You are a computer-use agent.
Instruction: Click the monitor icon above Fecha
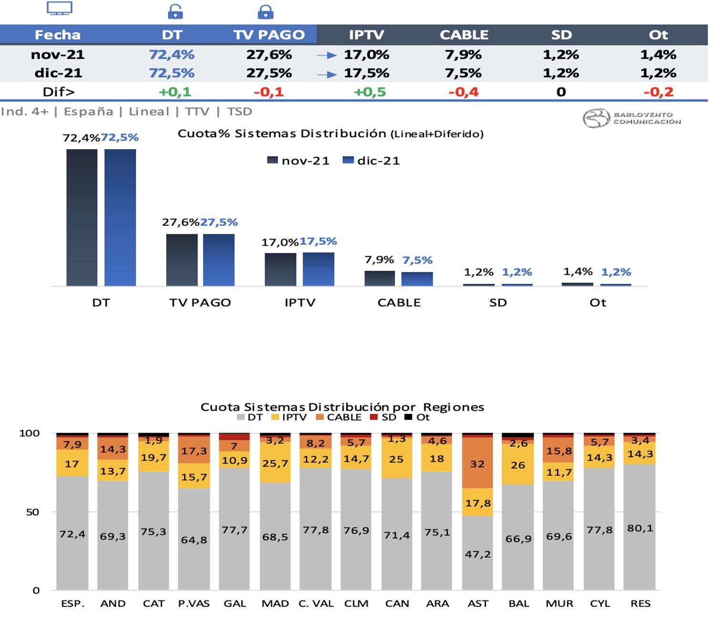pyautogui.click(x=60, y=9)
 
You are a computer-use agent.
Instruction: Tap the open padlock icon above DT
pyautogui.click(x=175, y=11)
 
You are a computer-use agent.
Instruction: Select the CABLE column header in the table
pyautogui.click(x=464, y=35)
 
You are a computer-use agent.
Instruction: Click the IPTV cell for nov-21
pyautogui.click(x=366, y=55)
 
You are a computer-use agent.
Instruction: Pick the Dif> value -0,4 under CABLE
pyautogui.click(x=463, y=92)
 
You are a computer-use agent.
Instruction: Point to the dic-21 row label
pyautogui.click(x=58, y=73)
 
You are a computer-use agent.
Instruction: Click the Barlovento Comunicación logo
pyautogui.click(x=632, y=118)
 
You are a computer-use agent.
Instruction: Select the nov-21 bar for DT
pyautogui.click(x=82, y=217)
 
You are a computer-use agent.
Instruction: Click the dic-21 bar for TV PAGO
pyautogui.click(x=219, y=260)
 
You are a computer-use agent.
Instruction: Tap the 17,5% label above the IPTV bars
pyautogui.click(x=318, y=242)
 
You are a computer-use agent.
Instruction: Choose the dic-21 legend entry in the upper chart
pyautogui.click(x=372, y=161)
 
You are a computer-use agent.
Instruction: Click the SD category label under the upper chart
pyautogui.click(x=498, y=303)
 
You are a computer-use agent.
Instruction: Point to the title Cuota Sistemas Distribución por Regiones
pyautogui.click(x=342, y=407)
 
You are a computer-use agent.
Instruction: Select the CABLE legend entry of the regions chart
pyautogui.click(x=339, y=418)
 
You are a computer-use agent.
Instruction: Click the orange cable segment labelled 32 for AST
pyautogui.click(x=478, y=463)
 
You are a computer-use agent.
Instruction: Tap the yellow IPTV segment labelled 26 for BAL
pyautogui.click(x=518, y=465)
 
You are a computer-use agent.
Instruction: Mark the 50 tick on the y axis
pyautogui.click(x=32, y=512)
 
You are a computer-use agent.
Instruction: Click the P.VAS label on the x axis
pyautogui.click(x=194, y=604)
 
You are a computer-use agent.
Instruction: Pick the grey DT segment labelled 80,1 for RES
pyautogui.click(x=640, y=528)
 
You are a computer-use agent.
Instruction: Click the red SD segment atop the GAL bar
pyautogui.click(x=235, y=437)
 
